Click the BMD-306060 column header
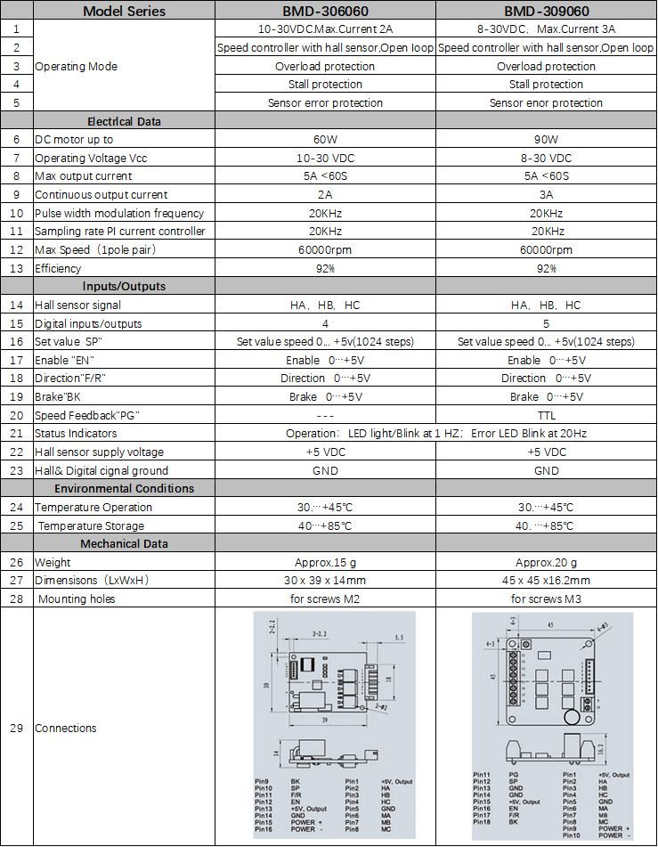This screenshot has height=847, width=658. tap(325, 12)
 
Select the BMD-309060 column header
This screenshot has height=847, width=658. tap(546, 12)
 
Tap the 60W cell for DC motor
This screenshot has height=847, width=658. tap(325, 140)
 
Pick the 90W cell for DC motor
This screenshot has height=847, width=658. tap(546, 140)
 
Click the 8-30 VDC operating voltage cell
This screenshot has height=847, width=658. tap(546, 158)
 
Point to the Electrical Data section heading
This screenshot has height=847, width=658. tap(124, 121)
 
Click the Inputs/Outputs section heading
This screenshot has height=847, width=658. tap(124, 287)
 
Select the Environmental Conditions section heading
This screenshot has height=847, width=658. tap(124, 488)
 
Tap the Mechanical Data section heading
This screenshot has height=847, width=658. tap(124, 543)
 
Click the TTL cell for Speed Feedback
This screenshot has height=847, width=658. tap(546, 415)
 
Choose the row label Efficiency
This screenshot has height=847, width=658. tap(58, 268)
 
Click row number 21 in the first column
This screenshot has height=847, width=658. tap(16, 434)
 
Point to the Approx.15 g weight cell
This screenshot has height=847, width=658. tap(325, 562)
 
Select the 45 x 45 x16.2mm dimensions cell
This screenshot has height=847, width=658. tap(546, 581)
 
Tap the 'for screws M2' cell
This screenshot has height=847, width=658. tap(325, 599)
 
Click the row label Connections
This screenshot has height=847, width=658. tap(65, 728)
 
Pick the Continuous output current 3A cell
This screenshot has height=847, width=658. tap(546, 194)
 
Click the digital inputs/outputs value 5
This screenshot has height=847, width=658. tap(546, 323)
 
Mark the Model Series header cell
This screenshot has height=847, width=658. tap(124, 12)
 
